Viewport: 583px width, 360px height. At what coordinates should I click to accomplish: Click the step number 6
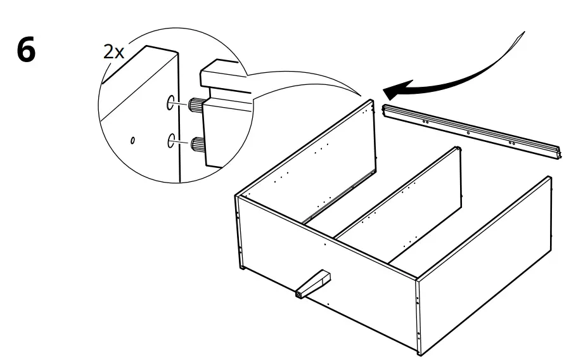[x=26, y=51]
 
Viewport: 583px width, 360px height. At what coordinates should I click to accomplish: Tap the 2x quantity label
[x=113, y=53]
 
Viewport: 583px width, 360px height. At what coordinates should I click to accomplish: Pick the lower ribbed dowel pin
[x=197, y=144]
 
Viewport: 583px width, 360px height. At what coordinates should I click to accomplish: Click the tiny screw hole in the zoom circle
[x=133, y=141]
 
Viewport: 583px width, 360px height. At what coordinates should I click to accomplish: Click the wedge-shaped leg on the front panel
[x=314, y=283]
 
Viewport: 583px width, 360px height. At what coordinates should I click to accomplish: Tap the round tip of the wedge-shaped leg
[x=298, y=294]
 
